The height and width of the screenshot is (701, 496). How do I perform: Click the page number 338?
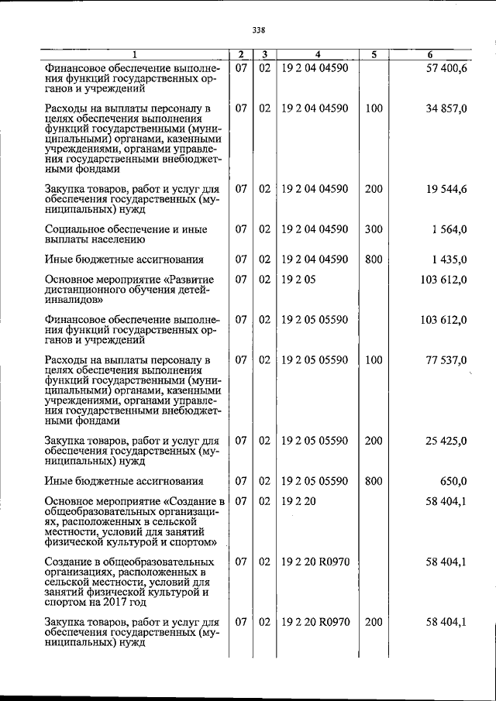click(259, 30)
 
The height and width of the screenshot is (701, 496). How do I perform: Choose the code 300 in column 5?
click(374, 229)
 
